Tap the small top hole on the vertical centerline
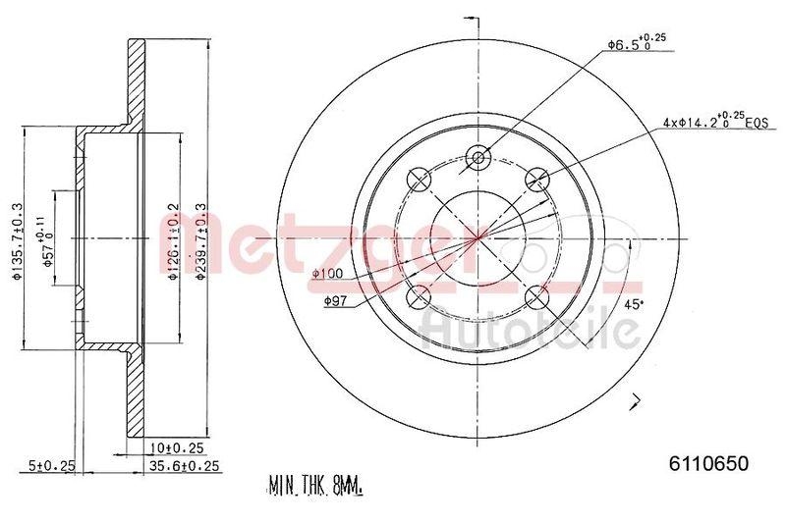coord(479,157)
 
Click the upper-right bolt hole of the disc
coord(536,179)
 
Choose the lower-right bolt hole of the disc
coord(536,295)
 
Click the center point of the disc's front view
coord(478,236)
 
